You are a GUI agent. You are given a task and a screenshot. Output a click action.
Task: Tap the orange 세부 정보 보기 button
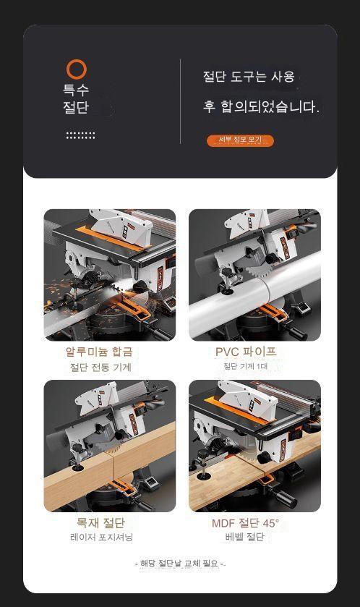pos(240,140)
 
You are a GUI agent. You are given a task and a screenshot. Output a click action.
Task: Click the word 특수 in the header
pos(76,90)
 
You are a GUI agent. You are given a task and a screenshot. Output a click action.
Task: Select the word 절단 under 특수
pos(76,107)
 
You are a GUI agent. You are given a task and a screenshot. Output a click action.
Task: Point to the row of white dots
pos(80,135)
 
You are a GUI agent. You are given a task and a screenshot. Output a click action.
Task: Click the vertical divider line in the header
pos(180,101)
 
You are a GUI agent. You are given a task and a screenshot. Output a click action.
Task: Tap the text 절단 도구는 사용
pos(249,76)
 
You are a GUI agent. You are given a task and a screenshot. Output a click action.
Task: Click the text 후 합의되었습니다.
pos(262,106)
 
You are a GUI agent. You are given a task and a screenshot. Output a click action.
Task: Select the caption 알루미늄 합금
pos(99,352)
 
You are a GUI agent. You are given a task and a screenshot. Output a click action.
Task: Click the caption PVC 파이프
pos(246,352)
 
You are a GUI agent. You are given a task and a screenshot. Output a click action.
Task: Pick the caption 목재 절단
pos(100,522)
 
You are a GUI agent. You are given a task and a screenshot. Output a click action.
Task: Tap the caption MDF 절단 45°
pos(246,523)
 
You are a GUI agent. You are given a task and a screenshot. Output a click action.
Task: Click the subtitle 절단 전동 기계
pos(100,367)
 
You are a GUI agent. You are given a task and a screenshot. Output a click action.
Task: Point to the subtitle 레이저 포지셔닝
pos(101,538)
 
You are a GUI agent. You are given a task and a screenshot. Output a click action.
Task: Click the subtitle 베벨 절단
pos(245,537)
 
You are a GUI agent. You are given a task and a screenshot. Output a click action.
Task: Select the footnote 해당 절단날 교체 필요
pos(179,564)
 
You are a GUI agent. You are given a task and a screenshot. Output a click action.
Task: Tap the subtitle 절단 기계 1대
pos(246,366)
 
